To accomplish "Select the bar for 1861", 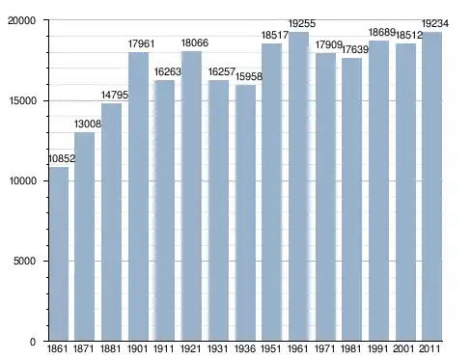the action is (59, 254).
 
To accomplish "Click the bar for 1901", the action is (138, 196).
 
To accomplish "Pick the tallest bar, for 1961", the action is (298, 186).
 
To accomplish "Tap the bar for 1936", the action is (245, 212).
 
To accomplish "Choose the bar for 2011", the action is (431, 186).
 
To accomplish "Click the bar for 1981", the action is (351, 199).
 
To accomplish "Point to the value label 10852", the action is (62, 158).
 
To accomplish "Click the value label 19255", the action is (302, 23).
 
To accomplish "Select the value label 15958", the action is (249, 76).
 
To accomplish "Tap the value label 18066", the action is (195, 42).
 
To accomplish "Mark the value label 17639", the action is (355, 49).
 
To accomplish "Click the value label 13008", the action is (88, 124).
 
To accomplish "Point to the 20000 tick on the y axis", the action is (21, 20).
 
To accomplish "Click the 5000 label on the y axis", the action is (24, 261).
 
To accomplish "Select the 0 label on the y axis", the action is (33, 342).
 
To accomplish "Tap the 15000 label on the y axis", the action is (22, 100).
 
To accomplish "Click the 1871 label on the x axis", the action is (84, 348).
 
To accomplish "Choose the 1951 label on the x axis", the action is (271, 348).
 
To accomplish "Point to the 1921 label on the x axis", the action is (191, 348).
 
